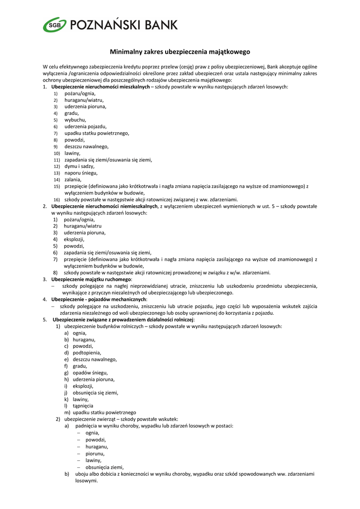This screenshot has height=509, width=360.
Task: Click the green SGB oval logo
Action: [53, 24]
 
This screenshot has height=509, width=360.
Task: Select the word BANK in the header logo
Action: [162, 24]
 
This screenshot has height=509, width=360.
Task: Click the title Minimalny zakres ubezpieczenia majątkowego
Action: [180, 52]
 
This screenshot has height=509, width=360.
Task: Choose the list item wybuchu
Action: [75, 120]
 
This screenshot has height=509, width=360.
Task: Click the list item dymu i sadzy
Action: [79, 167]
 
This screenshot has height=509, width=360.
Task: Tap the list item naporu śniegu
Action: [81, 173]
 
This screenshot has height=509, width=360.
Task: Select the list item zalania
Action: [73, 179]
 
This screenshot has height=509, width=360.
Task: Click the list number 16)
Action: [57, 200]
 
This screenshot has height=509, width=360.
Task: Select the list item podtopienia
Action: [87, 352]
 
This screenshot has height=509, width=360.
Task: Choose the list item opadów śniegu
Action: [90, 372]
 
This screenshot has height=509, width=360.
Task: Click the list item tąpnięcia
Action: [83, 406]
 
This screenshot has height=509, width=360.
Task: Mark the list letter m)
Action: [67, 413]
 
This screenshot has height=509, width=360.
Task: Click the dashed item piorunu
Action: [95, 453]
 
